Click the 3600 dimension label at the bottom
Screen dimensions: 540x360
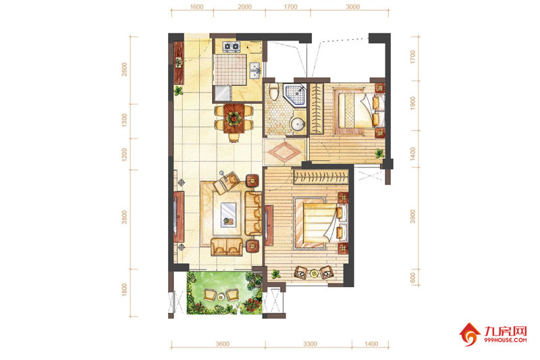[x=223, y=344]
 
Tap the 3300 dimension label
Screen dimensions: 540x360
[x=310, y=344]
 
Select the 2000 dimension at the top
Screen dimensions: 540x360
[x=244, y=7]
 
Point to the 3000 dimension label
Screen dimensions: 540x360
[x=352, y=7]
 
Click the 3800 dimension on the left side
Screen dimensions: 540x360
[x=124, y=217]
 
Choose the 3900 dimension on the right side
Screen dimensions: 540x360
[x=412, y=216]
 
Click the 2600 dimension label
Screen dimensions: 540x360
[x=124, y=70]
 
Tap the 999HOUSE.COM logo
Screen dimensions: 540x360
[x=493, y=334]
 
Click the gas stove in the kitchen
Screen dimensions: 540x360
[x=231, y=47]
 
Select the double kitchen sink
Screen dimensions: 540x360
[x=255, y=70]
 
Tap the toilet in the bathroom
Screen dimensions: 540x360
[x=273, y=92]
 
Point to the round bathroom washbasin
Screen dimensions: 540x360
[x=298, y=124]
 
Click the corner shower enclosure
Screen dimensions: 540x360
[x=295, y=93]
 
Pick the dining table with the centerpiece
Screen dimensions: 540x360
[x=234, y=118]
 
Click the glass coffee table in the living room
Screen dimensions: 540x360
[x=229, y=214]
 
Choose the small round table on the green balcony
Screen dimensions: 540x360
[x=221, y=296]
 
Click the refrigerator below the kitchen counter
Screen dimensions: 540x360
[x=222, y=93]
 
